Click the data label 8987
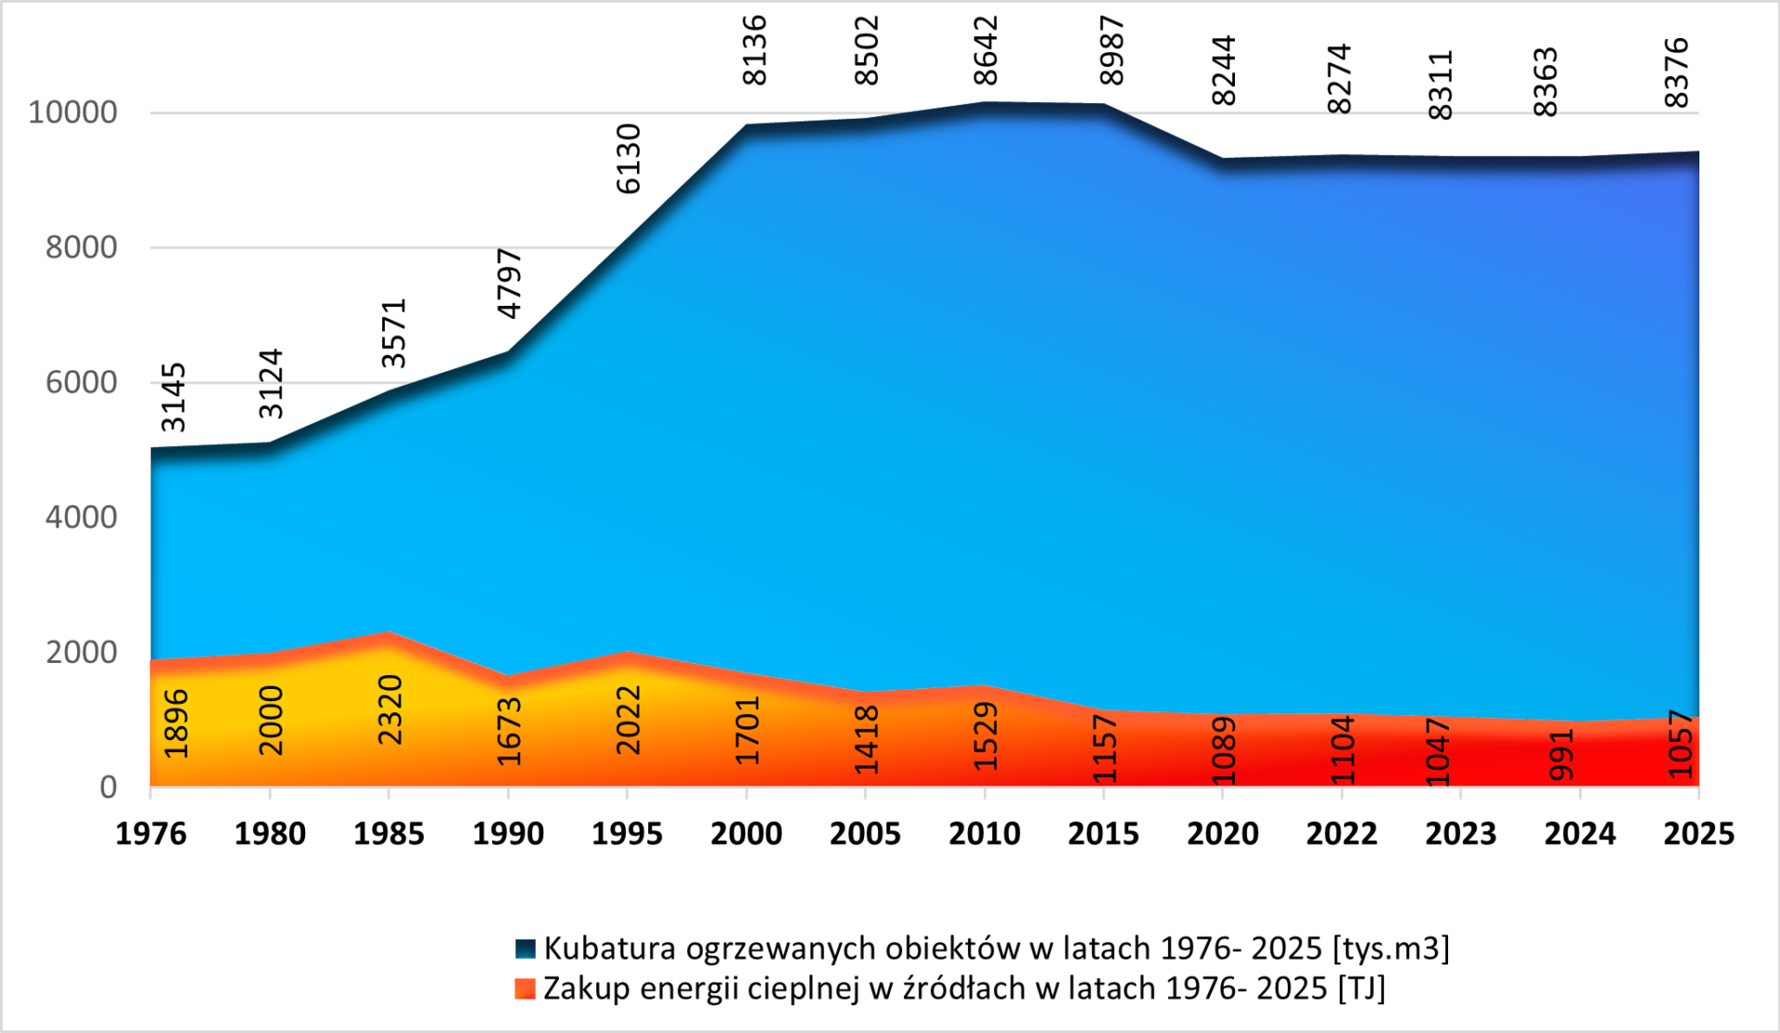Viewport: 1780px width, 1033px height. [1110, 51]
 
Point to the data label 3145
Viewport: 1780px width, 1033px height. [174, 398]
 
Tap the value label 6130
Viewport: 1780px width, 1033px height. [629, 159]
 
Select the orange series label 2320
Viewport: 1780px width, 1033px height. [390, 709]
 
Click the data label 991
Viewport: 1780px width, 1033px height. [1561, 755]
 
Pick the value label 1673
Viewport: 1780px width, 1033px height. [509, 732]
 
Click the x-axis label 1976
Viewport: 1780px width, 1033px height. [151, 834]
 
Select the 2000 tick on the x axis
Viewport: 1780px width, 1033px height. [746, 834]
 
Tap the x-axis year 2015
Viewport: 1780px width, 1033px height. [1103, 834]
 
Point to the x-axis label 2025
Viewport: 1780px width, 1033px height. [1698, 834]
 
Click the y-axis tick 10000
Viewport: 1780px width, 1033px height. [72, 113]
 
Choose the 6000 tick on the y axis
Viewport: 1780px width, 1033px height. [82, 382]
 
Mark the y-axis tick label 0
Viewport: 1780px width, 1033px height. [108, 787]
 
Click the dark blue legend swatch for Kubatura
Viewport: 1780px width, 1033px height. [526, 949]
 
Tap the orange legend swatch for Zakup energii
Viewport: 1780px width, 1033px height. [526, 988]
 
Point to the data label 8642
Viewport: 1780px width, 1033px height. [985, 51]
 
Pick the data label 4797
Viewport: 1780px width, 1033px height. [510, 284]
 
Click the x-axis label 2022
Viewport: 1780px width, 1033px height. [1341, 834]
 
